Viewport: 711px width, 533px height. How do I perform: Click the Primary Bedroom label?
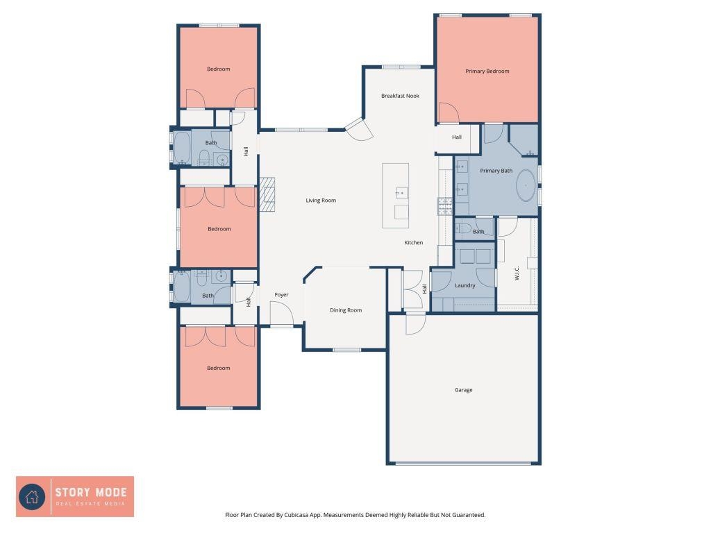click(x=487, y=71)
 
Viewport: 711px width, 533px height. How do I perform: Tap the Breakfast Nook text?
click(x=400, y=96)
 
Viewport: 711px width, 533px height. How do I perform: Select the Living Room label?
click(x=321, y=201)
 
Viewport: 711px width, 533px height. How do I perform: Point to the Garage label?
click(x=463, y=390)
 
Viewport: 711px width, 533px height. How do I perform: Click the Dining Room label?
click(x=346, y=310)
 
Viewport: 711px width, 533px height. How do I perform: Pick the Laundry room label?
click(x=465, y=285)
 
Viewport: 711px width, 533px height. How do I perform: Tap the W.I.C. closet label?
click(x=517, y=273)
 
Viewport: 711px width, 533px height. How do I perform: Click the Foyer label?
click(x=281, y=294)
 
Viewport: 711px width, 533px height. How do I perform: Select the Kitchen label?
click(x=414, y=242)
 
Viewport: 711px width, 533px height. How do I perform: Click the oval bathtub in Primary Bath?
click(x=526, y=185)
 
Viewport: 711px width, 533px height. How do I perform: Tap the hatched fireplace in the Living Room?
click(x=267, y=194)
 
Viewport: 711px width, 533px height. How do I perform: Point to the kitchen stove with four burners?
click(x=445, y=206)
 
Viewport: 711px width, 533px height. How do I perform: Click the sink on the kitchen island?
click(x=401, y=193)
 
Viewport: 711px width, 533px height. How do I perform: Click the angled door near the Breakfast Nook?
click(x=359, y=129)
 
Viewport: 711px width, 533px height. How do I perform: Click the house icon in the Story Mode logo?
click(x=32, y=497)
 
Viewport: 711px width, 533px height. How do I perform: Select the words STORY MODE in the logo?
click(x=91, y=492)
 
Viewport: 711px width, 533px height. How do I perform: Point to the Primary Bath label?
click(x=496, y=171)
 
